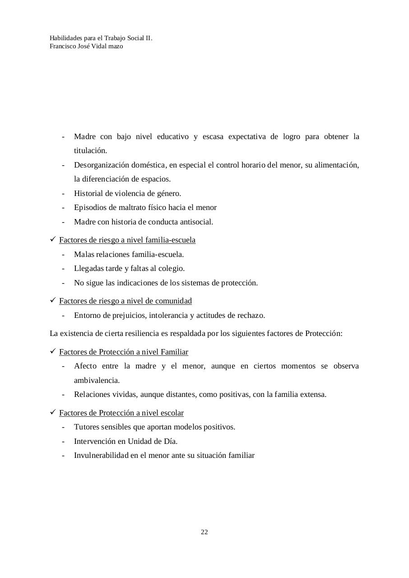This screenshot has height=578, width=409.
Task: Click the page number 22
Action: (x=204, y=532)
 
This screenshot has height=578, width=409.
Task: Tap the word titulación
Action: (x=90, y=151)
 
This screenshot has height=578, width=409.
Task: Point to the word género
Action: (x=168, y=193)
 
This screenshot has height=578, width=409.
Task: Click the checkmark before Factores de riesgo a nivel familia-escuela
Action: (x=53, y=239)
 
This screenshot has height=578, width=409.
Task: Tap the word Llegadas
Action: (x=89, y=268)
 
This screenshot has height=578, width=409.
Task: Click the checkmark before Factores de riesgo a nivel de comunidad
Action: (x=53, y=300)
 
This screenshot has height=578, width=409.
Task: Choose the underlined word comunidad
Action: (x=174, y=301)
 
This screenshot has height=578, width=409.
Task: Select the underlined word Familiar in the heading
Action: (x=174, y=352)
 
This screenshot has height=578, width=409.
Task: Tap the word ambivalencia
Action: (x=97, y=380)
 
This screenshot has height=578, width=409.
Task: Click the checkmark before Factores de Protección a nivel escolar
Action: (x=53, y=412)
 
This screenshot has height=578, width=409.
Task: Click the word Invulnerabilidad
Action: (x=101, y=455)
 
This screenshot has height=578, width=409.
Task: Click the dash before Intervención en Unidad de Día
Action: (x=64, y=441)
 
